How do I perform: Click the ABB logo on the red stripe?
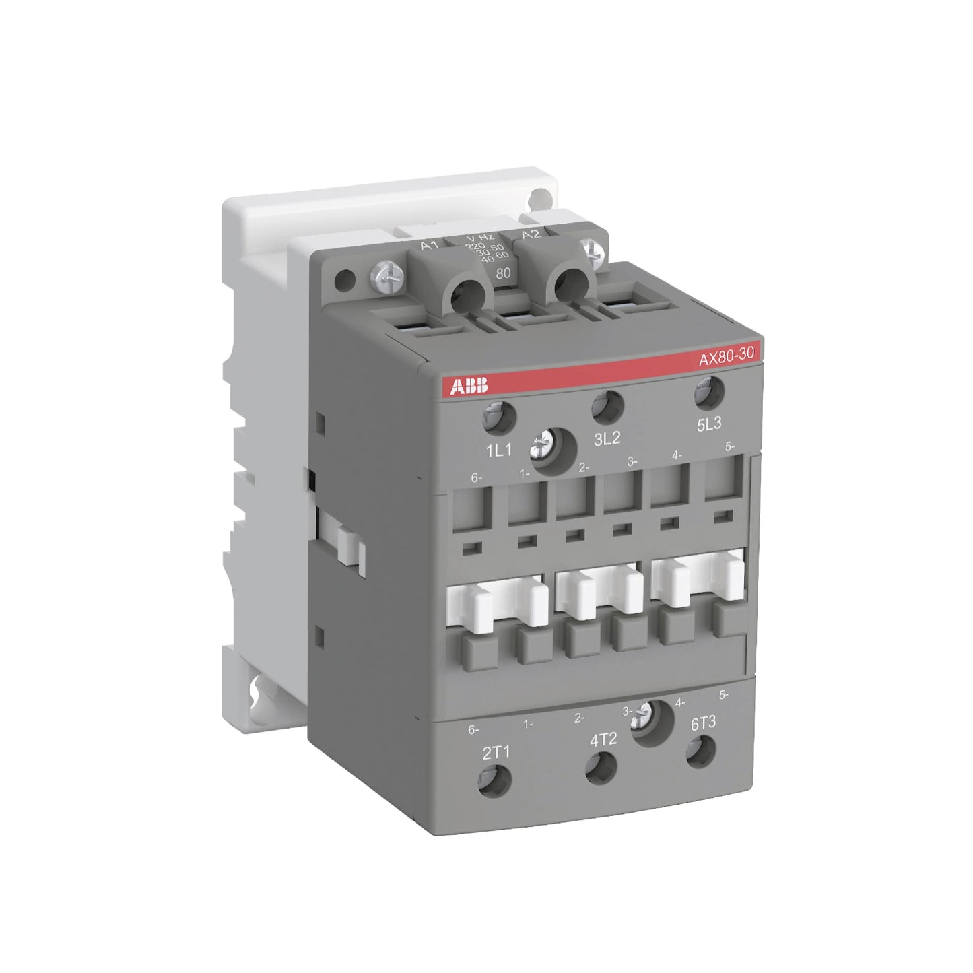tap(469, 387)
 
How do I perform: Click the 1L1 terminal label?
tap(499, 450)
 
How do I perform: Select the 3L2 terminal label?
tap(607, 439)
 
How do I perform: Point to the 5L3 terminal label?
tap(708, 424)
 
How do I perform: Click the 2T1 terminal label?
tap(496, 752)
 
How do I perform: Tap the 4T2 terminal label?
tap(603, 739)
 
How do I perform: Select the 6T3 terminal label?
tap(703, 723)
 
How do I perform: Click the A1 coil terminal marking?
tap(430, 245)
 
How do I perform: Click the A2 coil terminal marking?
tap(531, 234)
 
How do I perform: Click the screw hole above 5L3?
tap(708, 393)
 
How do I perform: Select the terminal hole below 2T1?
tap(495, 780)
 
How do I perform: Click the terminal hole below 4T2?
tap(601, 768)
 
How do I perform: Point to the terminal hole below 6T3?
tap(702, 751)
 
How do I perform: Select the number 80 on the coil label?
tap(502, 273)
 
